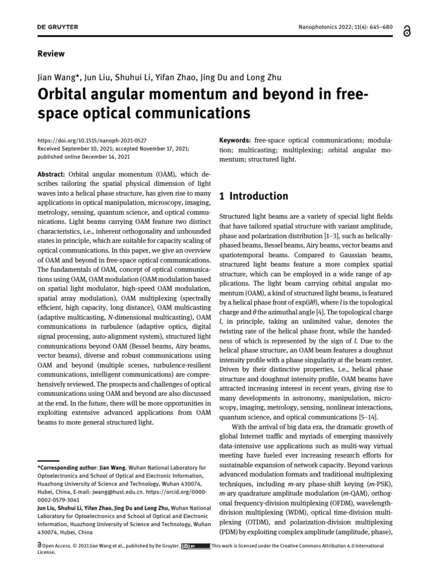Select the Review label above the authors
point(51,54)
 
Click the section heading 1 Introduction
point(254,196)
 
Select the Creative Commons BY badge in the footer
point(194,546)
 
